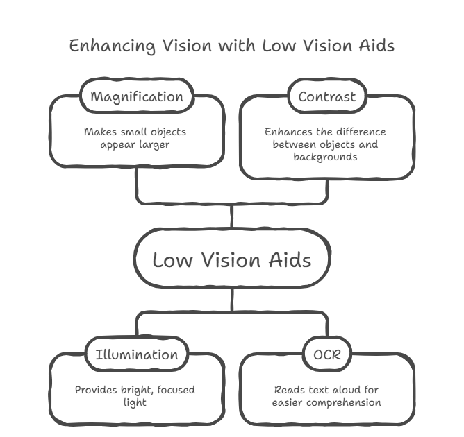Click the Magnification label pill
point(137,96)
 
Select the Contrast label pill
point(326,96)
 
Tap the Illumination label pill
point(136,355)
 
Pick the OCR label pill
point(326,355)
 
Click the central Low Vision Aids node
point(232,260)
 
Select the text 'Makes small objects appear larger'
point(135,138)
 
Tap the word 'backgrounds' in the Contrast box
point(326,157)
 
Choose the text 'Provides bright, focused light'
point(135,396)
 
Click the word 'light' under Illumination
point(135,402)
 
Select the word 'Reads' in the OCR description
point(289,390)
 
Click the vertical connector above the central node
point(232,216)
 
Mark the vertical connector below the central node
point(232,302)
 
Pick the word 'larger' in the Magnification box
point(154,145)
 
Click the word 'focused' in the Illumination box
point(176,390)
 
